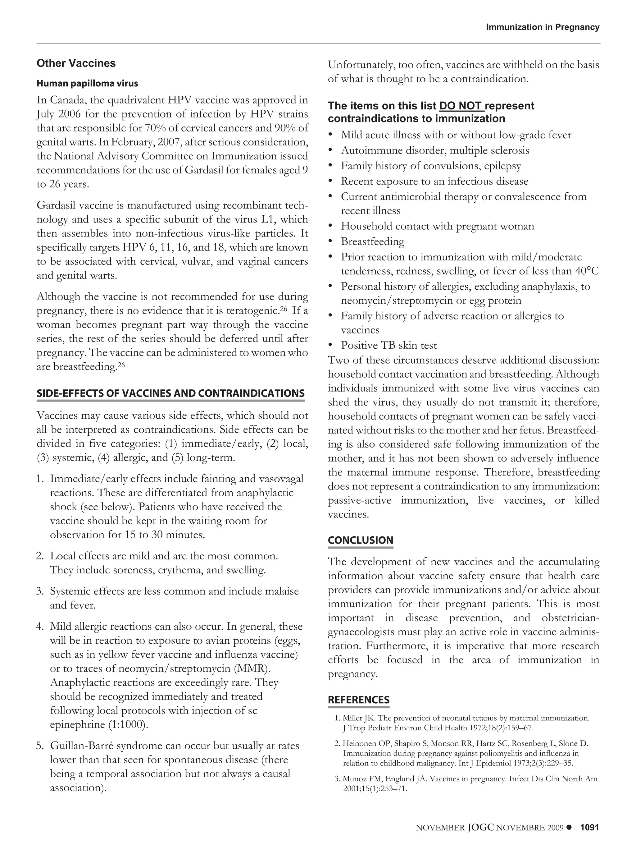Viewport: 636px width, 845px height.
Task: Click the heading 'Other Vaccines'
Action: pos(76,63)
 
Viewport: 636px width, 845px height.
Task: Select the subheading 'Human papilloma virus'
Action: pos(87,83)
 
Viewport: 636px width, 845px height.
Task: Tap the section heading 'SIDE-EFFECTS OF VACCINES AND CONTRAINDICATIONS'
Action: pos(170,393)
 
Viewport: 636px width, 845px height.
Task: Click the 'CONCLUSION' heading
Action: pos(360,540)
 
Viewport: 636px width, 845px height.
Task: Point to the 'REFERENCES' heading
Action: pos(358,700)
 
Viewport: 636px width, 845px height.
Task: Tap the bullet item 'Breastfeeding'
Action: pos(372,241)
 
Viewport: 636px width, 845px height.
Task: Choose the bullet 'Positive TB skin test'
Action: pos(388,345)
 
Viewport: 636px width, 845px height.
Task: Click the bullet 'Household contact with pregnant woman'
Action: pos(437,226)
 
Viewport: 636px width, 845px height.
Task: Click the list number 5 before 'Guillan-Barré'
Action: pos(39,746)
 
